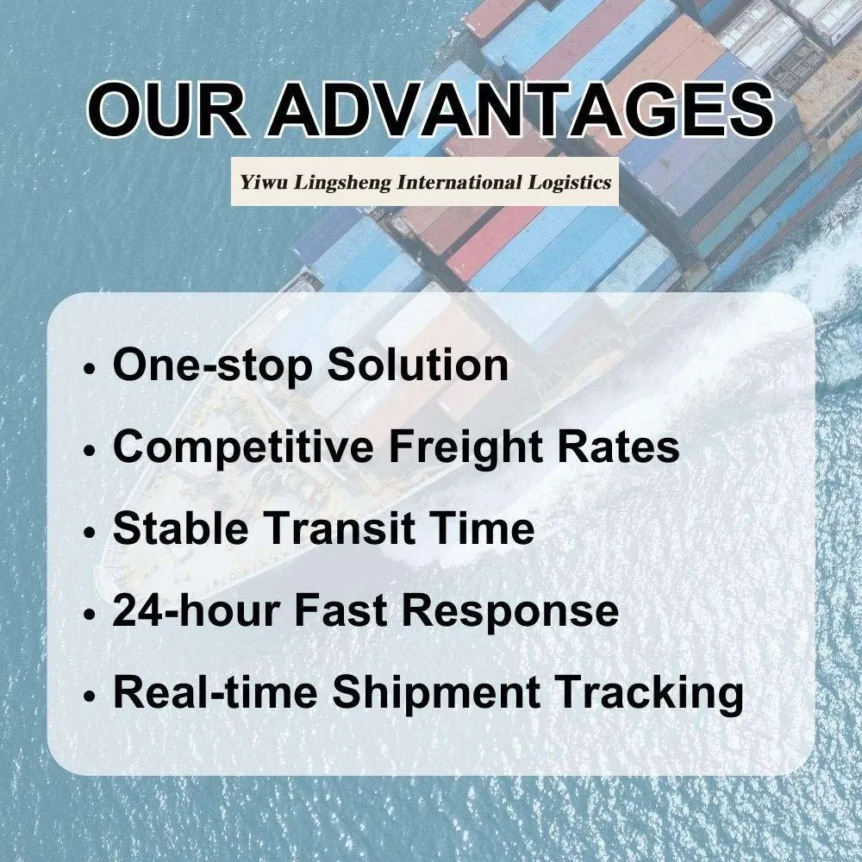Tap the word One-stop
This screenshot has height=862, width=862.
pos(212,365)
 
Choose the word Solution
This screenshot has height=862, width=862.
pos(417,365)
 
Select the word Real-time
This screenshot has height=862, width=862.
pos(216,694)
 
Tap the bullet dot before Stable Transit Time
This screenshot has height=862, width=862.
pos(91,533)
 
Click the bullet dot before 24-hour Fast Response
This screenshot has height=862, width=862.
pos(91,615)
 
